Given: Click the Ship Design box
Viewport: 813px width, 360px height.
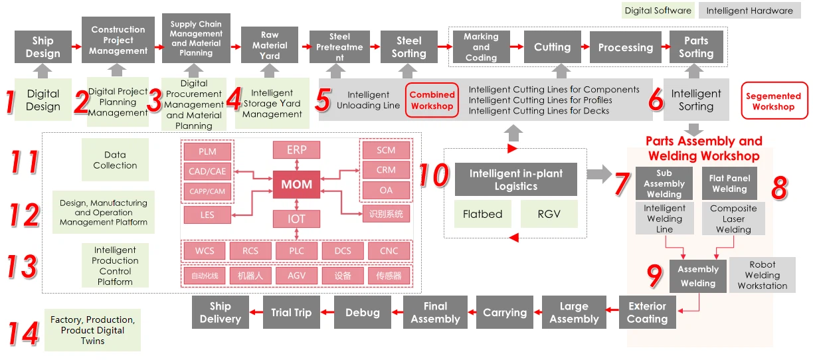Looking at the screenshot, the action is coord(43,46).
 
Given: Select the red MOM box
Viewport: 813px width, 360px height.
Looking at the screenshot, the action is coord(296,185).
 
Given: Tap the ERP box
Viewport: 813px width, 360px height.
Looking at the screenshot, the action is coord(296,150).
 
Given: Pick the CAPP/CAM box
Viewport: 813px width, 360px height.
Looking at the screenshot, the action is coord(207,191).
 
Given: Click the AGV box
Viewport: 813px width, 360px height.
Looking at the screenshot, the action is coord(296,276).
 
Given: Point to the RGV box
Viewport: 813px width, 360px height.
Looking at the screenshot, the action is coord(549,214).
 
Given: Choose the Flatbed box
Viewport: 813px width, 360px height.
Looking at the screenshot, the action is coord(483,214).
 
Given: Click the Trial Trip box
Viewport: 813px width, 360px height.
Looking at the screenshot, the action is coord(292,312).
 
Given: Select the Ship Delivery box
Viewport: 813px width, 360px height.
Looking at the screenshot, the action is coord(221,312).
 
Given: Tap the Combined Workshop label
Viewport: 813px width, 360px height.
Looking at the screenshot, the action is coord(432,100).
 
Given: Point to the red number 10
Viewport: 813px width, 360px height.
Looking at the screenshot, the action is coord(434,175).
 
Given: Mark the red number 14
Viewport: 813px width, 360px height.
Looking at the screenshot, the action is coord(23,333).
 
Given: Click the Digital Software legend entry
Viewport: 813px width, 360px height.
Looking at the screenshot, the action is coord(658,11).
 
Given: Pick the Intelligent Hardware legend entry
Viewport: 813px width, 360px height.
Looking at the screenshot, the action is coord(749,11).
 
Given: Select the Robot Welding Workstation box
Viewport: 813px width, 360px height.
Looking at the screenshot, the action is coord(763,275).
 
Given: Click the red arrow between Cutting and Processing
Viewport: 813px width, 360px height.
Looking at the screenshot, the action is coord(585,46).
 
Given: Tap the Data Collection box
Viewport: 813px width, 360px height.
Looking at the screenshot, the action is coord(115,160).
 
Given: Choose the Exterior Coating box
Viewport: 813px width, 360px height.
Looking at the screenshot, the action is coord(647,312).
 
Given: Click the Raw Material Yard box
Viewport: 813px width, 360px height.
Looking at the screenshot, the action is coord(270,45).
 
